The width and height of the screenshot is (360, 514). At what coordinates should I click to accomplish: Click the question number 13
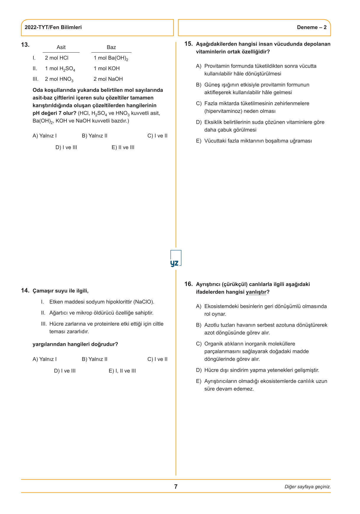(x=25, y=45)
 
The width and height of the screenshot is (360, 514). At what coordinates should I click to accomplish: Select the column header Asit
(x=61, y=47)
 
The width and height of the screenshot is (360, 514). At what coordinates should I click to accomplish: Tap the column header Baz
(x=111, y=47)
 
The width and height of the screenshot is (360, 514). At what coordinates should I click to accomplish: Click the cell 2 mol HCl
(x=56, y=58)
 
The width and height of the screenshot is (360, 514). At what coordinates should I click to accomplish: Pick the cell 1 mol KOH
(x=106, y=69)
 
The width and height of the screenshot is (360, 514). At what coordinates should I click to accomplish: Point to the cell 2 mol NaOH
(x=108, y=79)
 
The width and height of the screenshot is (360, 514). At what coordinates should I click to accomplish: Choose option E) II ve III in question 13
(x=123, y=147)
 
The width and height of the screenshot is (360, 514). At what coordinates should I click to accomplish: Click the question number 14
(x=25, y=291)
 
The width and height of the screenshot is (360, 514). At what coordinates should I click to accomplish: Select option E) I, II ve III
(x=122, y=371)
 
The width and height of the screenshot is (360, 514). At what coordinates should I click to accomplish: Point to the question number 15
(x=189, y=44)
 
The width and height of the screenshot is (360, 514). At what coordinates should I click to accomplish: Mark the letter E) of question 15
(x=199, y=141)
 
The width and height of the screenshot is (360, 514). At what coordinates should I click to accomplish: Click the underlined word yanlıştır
(x=256, y=292)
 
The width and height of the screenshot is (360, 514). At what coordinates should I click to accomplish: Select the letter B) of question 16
(x=199, y=325)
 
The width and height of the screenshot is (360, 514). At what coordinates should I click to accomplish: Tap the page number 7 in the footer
(x=176, y=487)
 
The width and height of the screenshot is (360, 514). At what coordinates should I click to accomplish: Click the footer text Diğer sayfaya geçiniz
(x=307, y=487)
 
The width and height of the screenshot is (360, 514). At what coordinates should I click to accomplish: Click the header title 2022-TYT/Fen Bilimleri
(x=53, y=27)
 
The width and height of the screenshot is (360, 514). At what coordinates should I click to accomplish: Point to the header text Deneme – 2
(x=312, y=27)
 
